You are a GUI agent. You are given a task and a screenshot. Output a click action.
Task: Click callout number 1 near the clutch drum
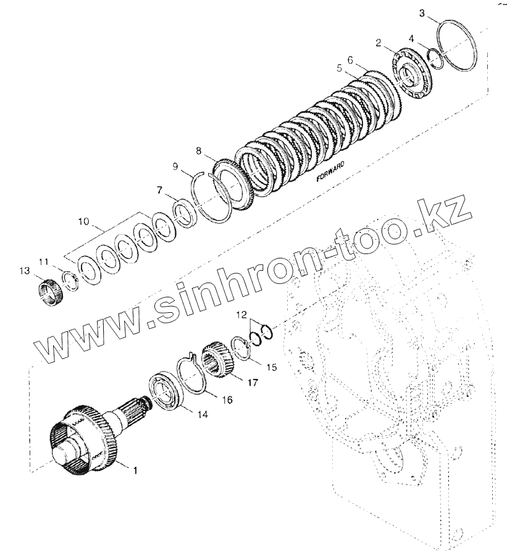[x=136, y=470]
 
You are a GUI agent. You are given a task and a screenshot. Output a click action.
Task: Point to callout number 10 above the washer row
[x=85, y=220]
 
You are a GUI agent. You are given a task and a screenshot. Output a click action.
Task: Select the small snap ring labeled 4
[x=435, y=57]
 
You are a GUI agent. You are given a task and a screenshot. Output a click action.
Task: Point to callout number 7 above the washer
[x=160, y=189]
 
